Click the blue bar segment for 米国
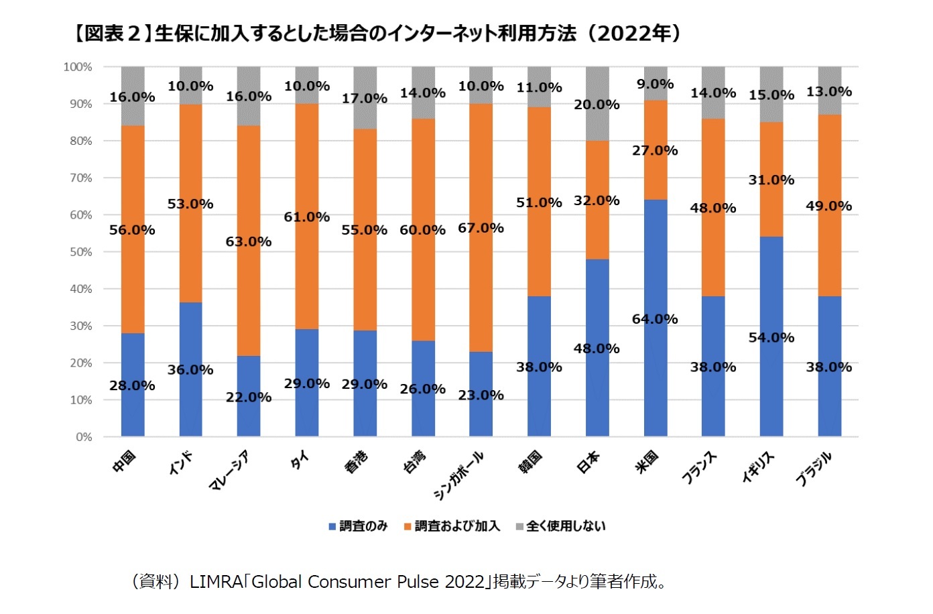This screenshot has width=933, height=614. pyautogui.click(x=655, y=375)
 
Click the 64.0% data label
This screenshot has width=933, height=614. pyautogui.click(x=655, y=319)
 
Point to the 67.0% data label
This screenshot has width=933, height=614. pyautogui.click(x=481, y=228)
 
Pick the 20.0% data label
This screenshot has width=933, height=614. pyautogui.click(x=597, y=105)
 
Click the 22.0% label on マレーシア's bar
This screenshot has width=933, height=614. pyautogui.click(x=249, y=397)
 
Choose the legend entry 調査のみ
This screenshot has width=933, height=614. pyautogui.click(x=358, y=526)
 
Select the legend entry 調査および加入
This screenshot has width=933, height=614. pyautogui.click(x=452, y=526)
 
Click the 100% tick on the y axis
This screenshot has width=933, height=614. pyautogui.click(x=78, y=67)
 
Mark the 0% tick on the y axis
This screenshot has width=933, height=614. pyautogui.click(x=84, y=437)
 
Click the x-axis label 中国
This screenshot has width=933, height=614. pyautogui.click(x=125, y=461)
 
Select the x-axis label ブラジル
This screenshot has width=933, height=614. pyautogui.click(x=814, y=469)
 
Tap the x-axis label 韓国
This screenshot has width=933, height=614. pyautogui.click(x=531, y=461)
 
